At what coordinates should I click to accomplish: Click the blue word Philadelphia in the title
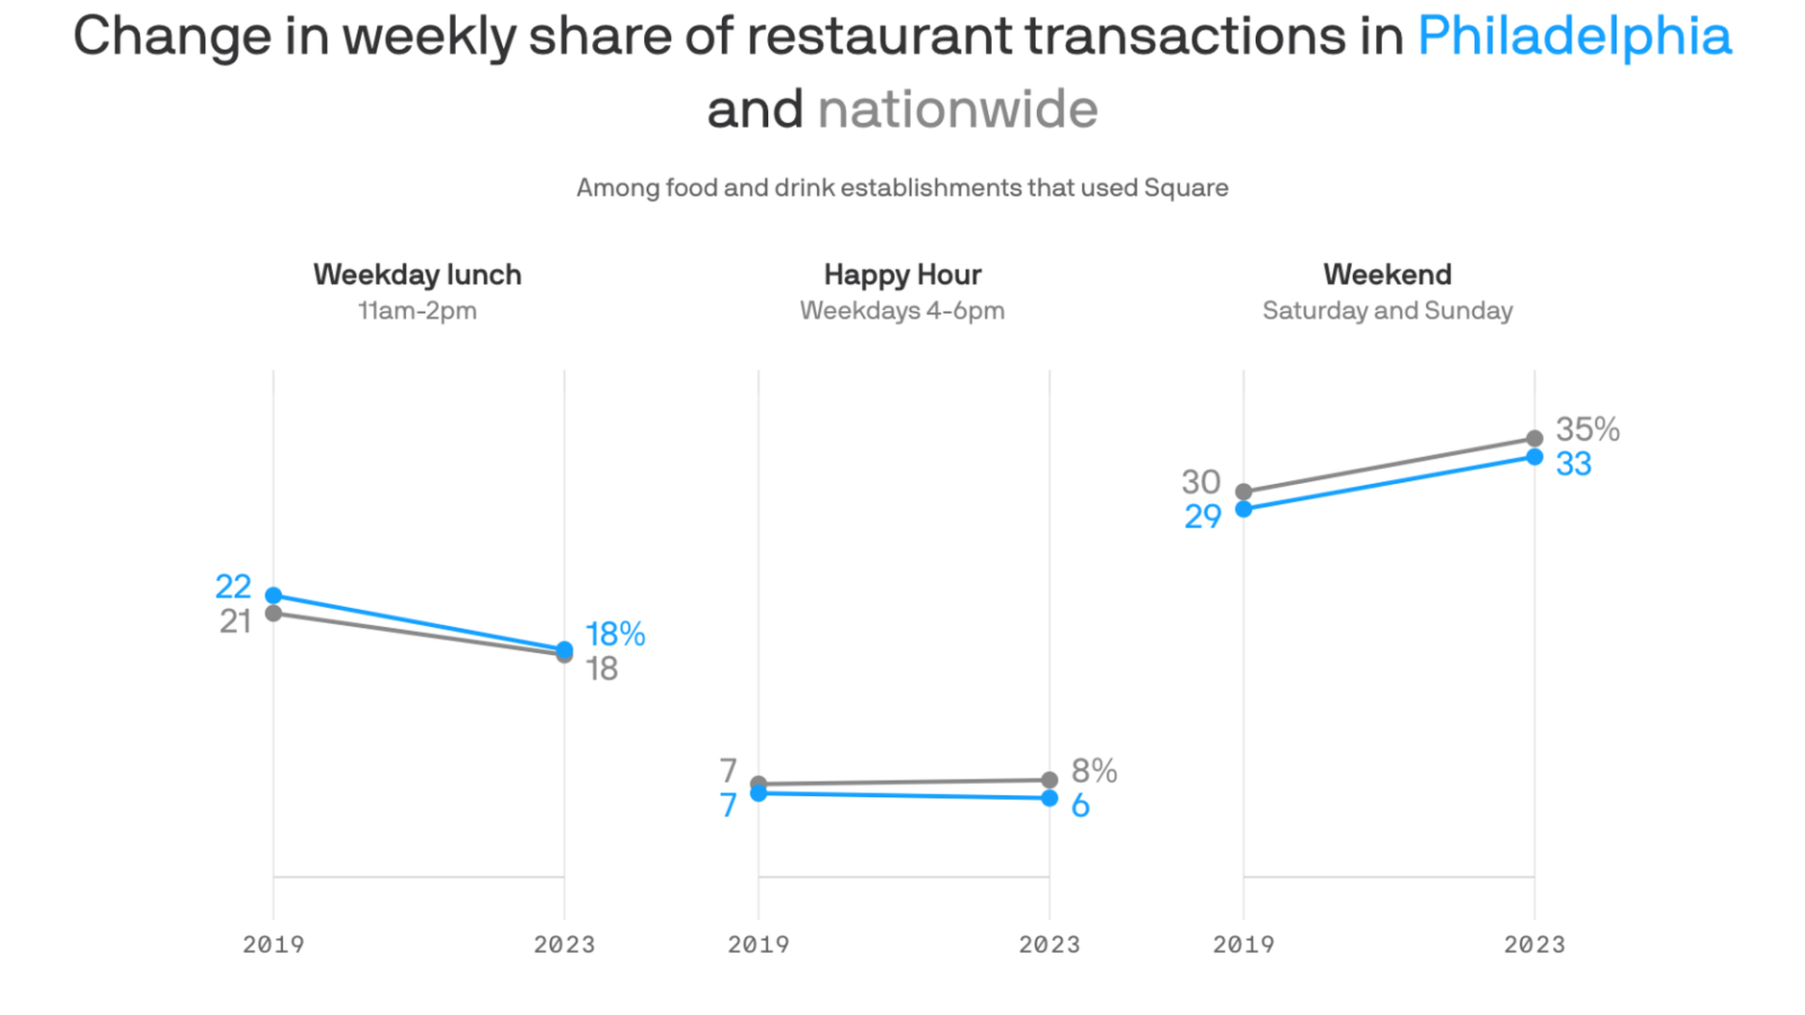click(x=1574, y=38)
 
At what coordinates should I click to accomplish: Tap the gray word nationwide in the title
click(x=957, y=109)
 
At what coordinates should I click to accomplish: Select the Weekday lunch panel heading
click(x=417, y=274)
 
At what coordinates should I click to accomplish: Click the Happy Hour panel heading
click(x=902, y=274)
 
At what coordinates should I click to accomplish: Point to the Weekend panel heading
click(x=1388, y=274)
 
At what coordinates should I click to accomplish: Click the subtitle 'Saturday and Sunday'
click(x=1388, y=311)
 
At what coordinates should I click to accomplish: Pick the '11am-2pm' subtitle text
click(x=417, y=311)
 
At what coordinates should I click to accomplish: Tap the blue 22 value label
click(x=233, y=586)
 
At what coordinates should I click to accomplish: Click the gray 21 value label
click(x=235, y=621)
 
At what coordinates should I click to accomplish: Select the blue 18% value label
click(x=615, y=634)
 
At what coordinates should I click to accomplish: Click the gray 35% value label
click(x=1587, y=429)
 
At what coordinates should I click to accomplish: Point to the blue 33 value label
click(x=1574, y=464)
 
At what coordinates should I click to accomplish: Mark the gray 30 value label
click(x=1201, y=482)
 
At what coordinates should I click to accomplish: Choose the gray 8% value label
click(x=1094, y=772)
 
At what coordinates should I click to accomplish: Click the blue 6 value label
click(x=1080, y=806)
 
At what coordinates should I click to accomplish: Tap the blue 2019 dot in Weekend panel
click(x=1244, y=509)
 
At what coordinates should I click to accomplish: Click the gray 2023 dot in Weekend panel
click(x=1534, y=438)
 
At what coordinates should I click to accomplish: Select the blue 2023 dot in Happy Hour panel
click(x=1049, y=799)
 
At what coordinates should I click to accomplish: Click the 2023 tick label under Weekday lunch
click(x=564, y=945)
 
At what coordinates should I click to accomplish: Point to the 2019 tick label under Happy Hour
click(x=759, y=945)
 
